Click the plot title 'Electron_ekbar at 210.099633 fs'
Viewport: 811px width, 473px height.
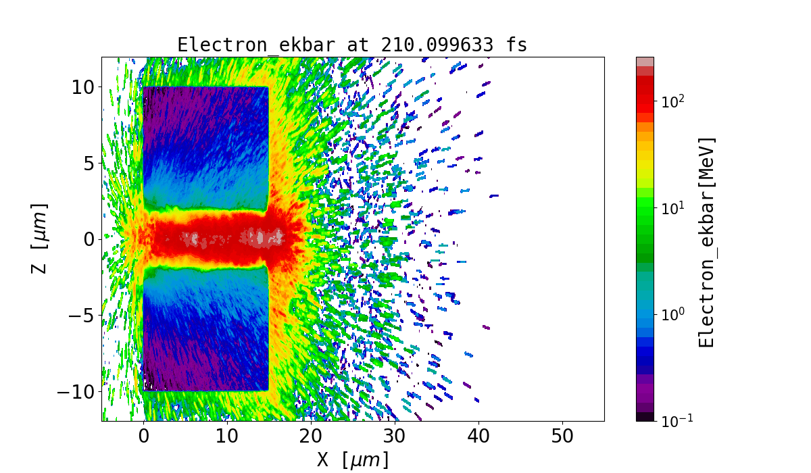pyautogui.click(x=352, y=45)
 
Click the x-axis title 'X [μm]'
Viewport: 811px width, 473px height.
pyautogui.click(x=352, y=460)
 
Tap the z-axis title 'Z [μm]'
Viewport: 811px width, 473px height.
pyautogui.click(x=41, y=238)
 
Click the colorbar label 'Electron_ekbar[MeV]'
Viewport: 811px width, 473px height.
pyautogui.click(x=707, y=242)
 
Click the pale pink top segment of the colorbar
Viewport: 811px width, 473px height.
pyautogui.click(x=645, y=61)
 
